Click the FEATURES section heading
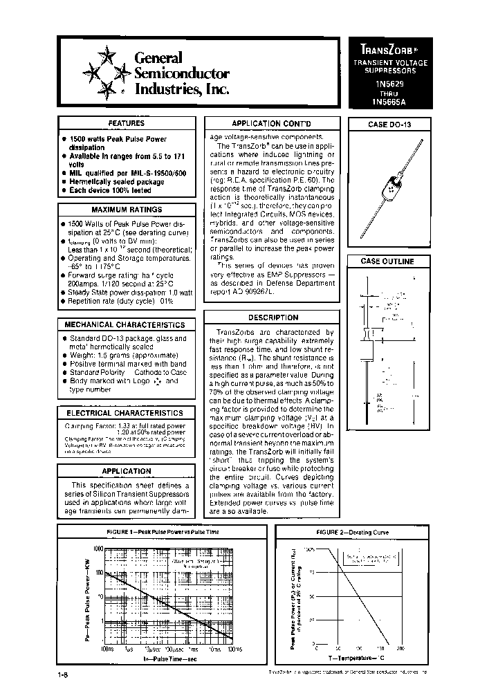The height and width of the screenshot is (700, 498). point(127,123)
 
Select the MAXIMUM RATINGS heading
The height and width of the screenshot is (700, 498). point(127,210)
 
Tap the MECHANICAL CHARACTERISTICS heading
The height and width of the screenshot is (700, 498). point(125,324)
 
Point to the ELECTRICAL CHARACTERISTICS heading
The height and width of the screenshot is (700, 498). point(125,413)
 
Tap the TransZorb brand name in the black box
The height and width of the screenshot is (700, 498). point(387,50)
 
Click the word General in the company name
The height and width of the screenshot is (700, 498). point(158,58)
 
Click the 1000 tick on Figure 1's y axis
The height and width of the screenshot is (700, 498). point(95,548)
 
